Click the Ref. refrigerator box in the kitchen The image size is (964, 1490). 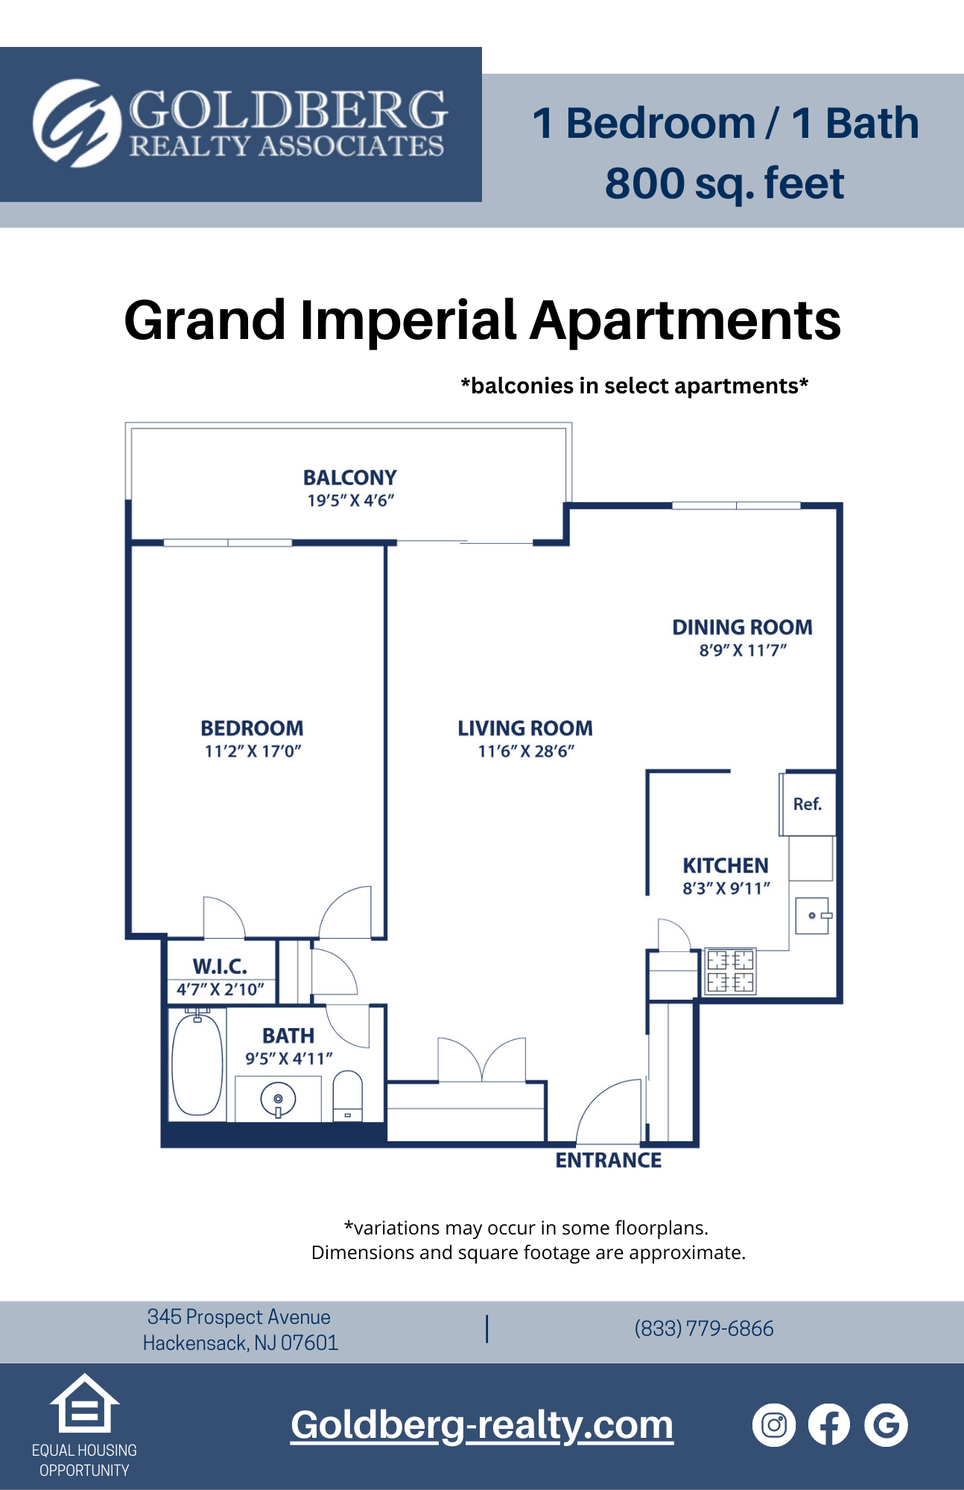point(808,805)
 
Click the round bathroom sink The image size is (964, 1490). point(278,1100)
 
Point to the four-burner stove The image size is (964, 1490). point(730,971)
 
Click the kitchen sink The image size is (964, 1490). point(812,916)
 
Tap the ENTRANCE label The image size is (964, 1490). point(608,1161)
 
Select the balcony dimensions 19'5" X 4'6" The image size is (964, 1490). point(350,501)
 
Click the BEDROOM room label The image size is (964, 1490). point(252,728)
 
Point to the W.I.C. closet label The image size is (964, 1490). point(220,966)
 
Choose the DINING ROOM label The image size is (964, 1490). point(742,627)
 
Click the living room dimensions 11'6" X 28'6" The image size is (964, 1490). point(526,751)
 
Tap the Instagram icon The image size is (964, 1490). point(774,1425)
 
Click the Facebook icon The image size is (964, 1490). point(829,1425)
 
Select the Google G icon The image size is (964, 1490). point(886,1425)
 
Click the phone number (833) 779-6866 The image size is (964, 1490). point(704,1328)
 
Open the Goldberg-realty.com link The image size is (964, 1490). point(482,1425)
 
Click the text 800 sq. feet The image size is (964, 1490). point(724,184)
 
